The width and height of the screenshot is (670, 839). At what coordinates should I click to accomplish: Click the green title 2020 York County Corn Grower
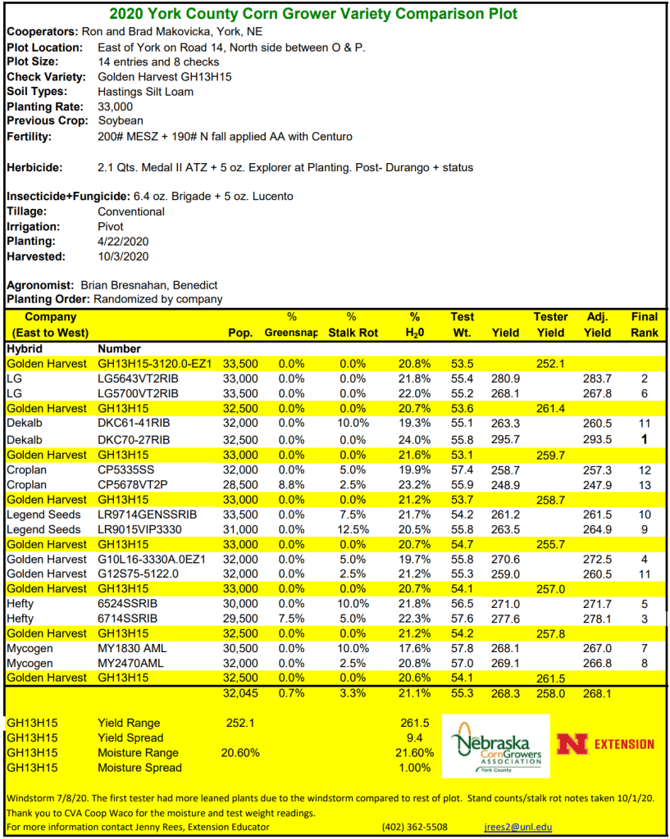click(x=312, y=14)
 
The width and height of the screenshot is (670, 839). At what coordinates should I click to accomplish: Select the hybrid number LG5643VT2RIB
click(x=138, y=379)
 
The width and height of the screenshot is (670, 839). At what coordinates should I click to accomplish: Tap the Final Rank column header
click(x=644, y=324)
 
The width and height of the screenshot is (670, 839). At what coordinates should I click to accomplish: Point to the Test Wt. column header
click(x=462, y=324)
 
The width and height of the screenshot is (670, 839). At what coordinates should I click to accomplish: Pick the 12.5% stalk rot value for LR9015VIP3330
click(x=351, y=529)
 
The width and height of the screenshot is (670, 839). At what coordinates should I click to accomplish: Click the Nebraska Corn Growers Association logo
click(x=497, y=746)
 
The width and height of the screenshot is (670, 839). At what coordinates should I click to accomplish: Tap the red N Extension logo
click(x=605, y=744)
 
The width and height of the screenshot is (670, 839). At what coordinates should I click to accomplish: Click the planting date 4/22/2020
click(x=122, y=241)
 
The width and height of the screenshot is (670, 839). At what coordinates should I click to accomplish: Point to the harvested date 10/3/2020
click(x=122, y=256)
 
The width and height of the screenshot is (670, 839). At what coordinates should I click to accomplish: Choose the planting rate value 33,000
click(x=115, y=107)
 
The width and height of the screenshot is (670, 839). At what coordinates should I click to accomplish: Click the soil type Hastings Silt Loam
click(x=145, y=92)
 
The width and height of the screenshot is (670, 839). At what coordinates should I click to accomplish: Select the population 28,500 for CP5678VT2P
click(x=240, y=485)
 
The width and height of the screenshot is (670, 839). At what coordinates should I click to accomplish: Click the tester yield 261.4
click(x=550, y=408)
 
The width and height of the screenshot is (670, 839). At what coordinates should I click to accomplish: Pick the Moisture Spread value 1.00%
click(x=414, y=768)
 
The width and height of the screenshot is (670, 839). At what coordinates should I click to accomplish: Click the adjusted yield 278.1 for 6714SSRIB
click(x=597, y=619)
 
